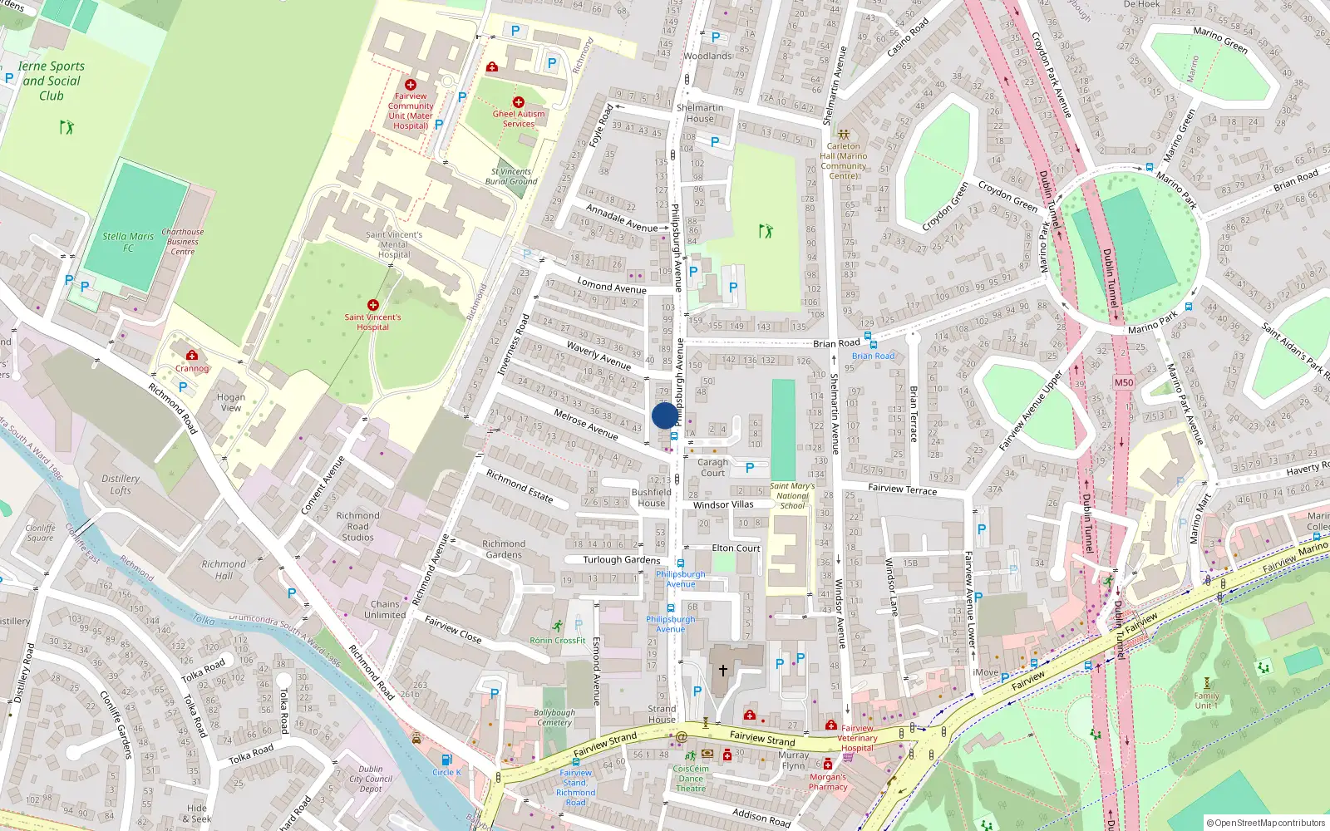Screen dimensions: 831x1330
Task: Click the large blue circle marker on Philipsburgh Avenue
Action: pos(665,415)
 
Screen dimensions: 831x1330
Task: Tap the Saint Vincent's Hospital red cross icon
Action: pos(373,305)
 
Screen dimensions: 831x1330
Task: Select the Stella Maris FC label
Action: pos(128,242)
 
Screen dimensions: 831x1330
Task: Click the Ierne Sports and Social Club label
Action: pos(52,81)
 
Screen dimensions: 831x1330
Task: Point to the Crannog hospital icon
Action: pos(192,356)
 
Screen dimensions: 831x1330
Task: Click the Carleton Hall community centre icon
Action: pos(843,134)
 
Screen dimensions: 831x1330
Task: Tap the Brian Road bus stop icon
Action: pos(869,343)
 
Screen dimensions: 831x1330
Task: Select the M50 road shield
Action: pos(1123,382)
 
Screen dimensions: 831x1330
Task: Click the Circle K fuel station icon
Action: pos(446,760)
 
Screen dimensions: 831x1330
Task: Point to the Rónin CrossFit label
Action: pos(558,641)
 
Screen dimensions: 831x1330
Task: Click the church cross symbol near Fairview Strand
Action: pos(723,670)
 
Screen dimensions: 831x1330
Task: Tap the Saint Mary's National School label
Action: pos(792,495)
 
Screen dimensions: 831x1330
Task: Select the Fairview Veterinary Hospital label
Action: pos(857,738)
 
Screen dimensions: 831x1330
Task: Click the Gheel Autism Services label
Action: pos(519,119)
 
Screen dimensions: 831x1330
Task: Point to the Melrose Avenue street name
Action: pos(586,424)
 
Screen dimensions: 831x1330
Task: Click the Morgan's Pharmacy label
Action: pos(828,782)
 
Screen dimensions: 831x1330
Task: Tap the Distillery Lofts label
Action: pos(121,484)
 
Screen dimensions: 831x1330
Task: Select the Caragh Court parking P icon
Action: pos(750,468)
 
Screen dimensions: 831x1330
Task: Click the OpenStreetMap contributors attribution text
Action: pos(1266,823)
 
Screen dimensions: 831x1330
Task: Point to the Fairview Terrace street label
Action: pos(902,489)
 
